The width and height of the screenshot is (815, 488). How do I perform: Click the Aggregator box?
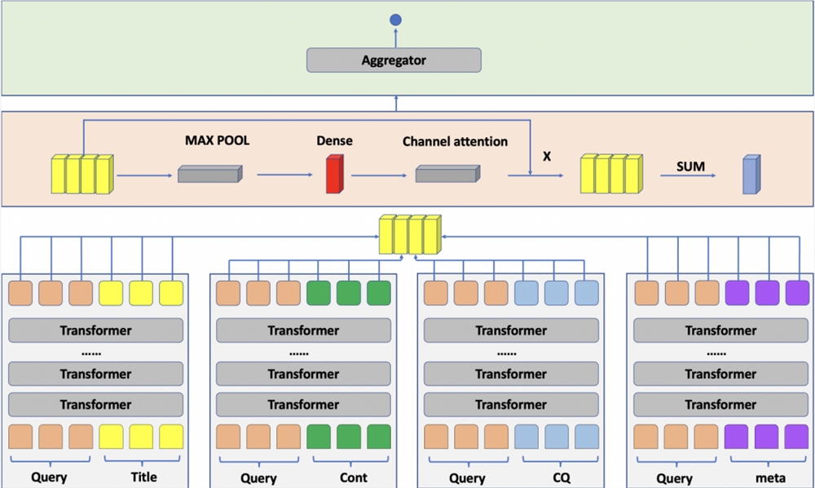[x=394, y=60]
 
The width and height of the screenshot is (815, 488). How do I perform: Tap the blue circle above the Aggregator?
[x=396, y=20]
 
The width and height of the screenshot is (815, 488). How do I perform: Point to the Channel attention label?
[x=455, y=141]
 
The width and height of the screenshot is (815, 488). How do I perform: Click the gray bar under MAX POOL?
[x=209, y=174]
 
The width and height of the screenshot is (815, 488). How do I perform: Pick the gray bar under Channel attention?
[x=447, y=174]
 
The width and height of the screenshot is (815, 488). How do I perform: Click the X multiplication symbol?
[x=547, y=155]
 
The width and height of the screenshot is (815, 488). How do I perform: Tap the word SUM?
[x=690, y=166]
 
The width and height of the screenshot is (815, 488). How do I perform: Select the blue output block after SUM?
[x=751, y=175]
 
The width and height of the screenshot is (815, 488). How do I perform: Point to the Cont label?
[x=353, y=477]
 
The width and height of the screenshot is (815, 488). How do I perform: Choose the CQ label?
[x=561, y=477]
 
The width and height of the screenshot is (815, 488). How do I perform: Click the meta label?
[x=771, y=478]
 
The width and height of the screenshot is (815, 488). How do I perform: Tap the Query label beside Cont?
[x=258, y=478]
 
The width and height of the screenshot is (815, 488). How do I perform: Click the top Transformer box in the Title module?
[x=95, y=331]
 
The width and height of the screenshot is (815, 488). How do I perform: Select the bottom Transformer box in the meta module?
[x=720, y=405]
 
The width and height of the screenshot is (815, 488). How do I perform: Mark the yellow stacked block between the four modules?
[x=410, y=235]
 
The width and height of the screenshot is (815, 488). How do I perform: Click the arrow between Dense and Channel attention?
[x=378, y=175]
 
